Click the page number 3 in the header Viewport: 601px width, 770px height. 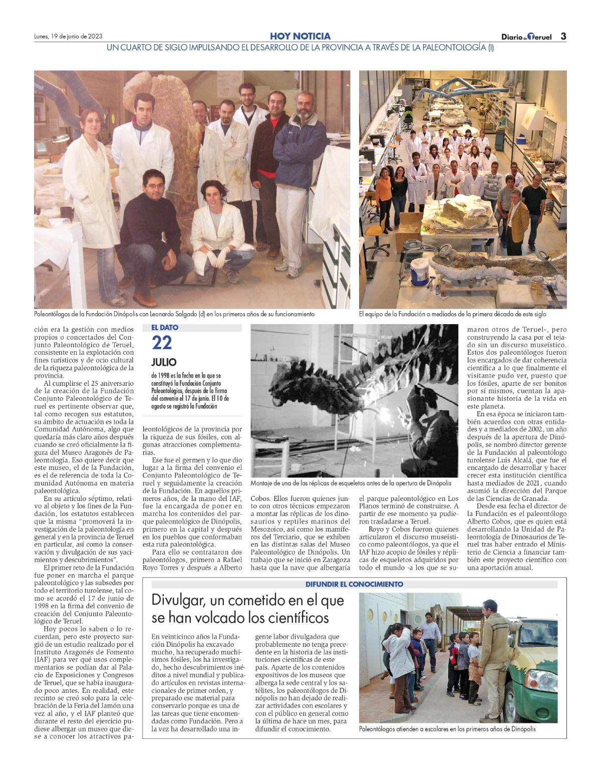click(x=563, y=36)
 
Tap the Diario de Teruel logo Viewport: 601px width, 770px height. click(x=526, y=37)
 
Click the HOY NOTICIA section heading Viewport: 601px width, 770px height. click(x=300, y=36)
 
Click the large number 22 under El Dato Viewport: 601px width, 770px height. click(x=162, y=343)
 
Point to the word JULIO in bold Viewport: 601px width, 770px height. click(x=164, y=362)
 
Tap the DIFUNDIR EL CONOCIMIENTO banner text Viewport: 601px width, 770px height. click(x=355, y=584)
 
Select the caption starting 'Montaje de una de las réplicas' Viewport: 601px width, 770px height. click(x=351, y=483)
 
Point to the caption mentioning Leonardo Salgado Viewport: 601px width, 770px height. click(x=174, y=315)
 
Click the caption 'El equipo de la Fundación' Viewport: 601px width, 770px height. click(x=452, y=315)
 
